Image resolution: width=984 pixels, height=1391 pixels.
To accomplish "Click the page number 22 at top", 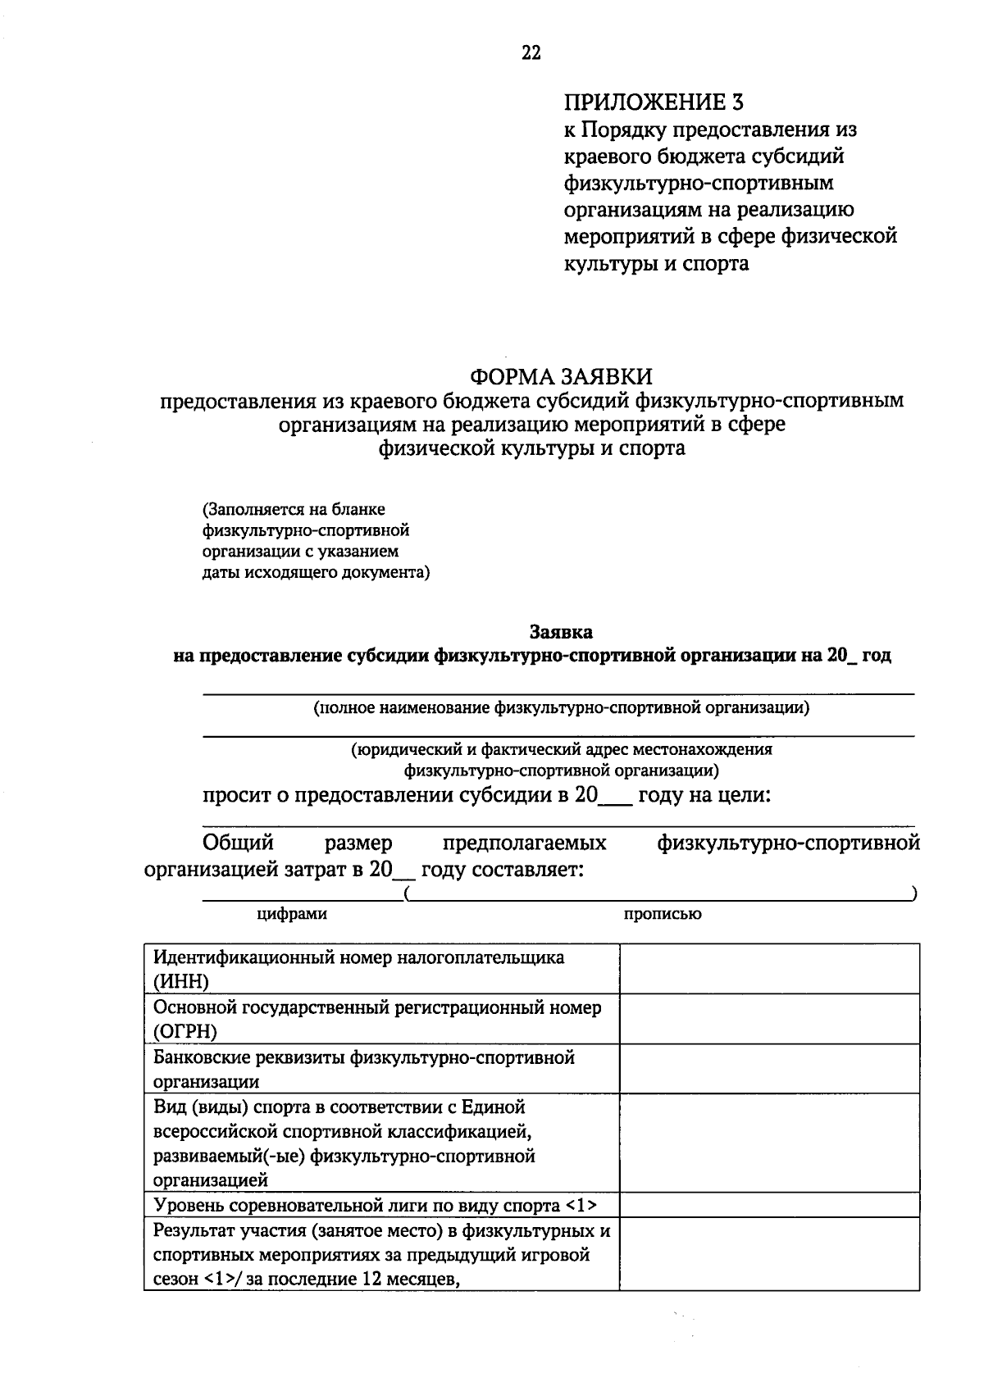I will [x=531, y=53].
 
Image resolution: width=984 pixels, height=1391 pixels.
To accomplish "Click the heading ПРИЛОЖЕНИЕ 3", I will [x=654, y=102].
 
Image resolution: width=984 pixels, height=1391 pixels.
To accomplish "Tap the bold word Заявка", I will [x=561, y=632].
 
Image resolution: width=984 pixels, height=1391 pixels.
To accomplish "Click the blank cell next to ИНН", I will [x=768, y=969].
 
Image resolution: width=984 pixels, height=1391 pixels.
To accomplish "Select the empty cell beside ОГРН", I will [x=768, y=1019].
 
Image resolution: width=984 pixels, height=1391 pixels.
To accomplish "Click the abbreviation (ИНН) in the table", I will [x=181, y=981].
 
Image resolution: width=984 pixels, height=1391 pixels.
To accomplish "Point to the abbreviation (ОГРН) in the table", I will [x=185, y=1031].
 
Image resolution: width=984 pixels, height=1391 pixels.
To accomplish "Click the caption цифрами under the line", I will [x=292, y=914].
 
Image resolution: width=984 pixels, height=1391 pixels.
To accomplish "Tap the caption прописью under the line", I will [x=662, y=914].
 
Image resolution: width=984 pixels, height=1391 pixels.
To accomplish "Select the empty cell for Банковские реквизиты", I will [x=768, y=1069].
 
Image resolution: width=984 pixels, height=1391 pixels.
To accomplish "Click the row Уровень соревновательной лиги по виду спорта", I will [x=375, y=1205].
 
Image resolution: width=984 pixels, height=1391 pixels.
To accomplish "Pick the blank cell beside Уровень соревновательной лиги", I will [x=768, y=1205].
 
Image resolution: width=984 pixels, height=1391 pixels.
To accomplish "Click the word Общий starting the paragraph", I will [x=238, y=843].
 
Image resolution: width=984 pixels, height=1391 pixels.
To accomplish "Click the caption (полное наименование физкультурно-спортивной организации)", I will [x=561, y=707].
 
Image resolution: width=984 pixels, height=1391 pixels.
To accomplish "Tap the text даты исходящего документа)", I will [x=316, y=572].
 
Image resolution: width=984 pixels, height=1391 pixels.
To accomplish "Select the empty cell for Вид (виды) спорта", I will [x=768, y=1143].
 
